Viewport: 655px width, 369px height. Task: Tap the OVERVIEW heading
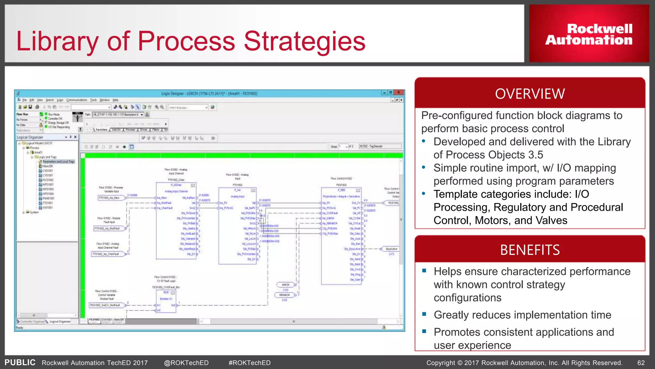pos(530,94)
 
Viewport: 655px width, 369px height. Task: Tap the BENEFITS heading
pos(530,250)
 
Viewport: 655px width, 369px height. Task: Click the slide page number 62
pos(641,363)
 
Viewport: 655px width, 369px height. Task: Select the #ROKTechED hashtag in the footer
pos(249,363)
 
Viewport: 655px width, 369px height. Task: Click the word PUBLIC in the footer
pos(20,362)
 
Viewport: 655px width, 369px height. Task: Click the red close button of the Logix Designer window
pos(399,93)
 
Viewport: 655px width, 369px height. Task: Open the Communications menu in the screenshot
pos(76,100)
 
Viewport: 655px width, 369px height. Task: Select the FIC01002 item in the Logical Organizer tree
pos(48,180)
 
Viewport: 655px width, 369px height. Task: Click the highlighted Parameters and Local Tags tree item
pos(58,162)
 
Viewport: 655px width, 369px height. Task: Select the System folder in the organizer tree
pos(34,212)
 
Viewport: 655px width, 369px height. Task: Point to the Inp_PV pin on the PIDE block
pos(326,203)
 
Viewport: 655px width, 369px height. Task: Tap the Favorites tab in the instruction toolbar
pos(101,130)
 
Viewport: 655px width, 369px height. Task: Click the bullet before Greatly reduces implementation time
pos(424,315)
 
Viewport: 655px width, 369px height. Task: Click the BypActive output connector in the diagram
pos(391,249)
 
